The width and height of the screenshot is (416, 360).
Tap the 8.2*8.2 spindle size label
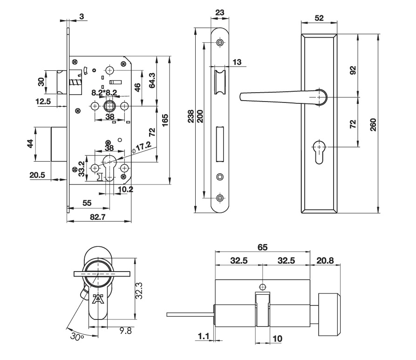click(x=104, y=92)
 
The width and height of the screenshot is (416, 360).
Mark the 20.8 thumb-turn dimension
click(x=324, y=261)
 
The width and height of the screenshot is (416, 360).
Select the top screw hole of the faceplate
click(x=220, y=43)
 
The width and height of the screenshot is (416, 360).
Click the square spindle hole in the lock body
click(x=110, y=106)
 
